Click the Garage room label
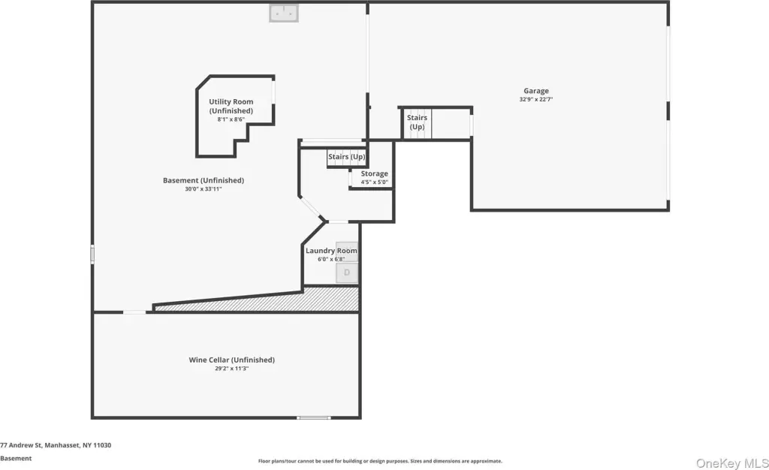click(x=536, y=91)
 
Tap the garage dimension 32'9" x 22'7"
click(x=536, y=99)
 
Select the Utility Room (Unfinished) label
click(x=231, y=106)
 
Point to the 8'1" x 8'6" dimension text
click(x=231, y=119)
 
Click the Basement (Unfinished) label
click(x=204, y=180)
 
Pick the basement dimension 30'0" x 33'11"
click(x=204, y=188)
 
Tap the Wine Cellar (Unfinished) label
click(x=232, y=360)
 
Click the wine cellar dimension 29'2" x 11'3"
click(x=232, y=369)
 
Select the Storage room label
click(x=374, y=173)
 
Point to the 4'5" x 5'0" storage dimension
click(x=374, y=182)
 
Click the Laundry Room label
click(x=331, y=251)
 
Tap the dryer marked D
click(x=347, y=273)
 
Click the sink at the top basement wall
click(x=283, y=14)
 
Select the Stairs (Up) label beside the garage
click(x=417, y=122)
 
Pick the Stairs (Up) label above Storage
click(x=347, y=157)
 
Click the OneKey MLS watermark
click(x=732, y=462)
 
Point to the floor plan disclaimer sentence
click(x=380, y=461)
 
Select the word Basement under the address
click(x=16, y=459)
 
